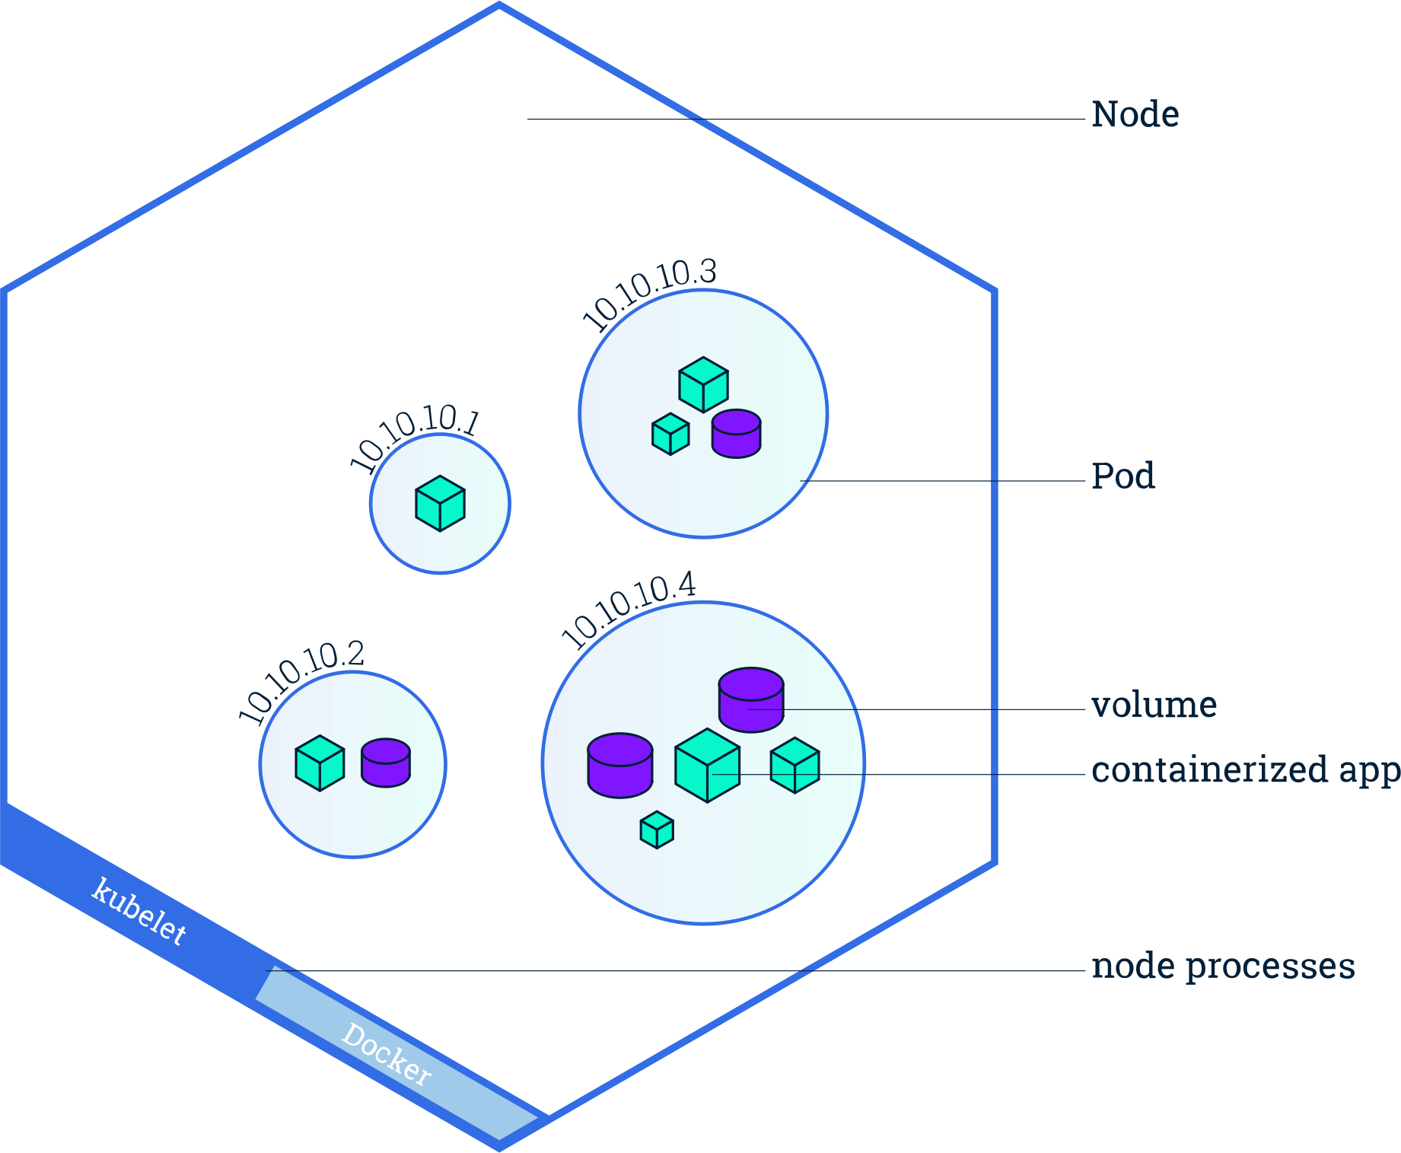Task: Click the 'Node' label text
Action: (x=1135, y=115)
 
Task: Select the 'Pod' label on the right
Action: (x=1122, y=476)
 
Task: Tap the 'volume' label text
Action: (x=1154, y=705)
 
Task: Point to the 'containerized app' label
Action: (x=1244, y=770)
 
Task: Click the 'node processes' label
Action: (x=1223, y=967)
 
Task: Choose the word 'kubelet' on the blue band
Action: (x=139, y=911)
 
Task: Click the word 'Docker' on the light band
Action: (x=387, y=1054)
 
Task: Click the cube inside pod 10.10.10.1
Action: (x=440, y=503)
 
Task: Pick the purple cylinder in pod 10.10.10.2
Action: (x=386, y=762)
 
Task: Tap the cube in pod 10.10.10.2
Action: (x=320, y=763)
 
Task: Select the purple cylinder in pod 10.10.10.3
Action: (x=736, y=433)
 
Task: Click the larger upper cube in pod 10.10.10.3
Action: (x=703, y=385)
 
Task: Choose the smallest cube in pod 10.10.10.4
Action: (x=657, y=830)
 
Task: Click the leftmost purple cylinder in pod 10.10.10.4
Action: (x=620, y=765)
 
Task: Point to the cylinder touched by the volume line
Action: (x=751, y=699)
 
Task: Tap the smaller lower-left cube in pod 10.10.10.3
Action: (x=670, y=435)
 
